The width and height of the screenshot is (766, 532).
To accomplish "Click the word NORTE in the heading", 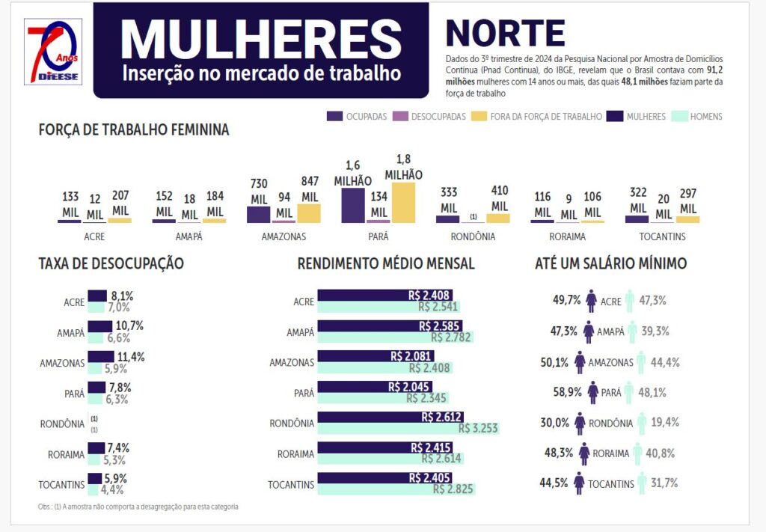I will coord(505,33).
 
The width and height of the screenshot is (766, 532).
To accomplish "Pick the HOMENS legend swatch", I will coord(679,117).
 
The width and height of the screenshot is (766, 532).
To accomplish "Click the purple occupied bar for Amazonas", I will coord(258,214).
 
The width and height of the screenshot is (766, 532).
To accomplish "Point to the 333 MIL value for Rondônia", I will coord(448,200).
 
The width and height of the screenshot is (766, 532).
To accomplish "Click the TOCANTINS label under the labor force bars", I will coord(662,237).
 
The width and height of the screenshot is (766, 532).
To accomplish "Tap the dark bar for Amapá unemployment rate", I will coord(99,327).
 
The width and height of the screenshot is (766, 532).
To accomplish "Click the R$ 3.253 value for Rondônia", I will coord(479,429).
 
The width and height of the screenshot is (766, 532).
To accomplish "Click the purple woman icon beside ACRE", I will coord(591,301).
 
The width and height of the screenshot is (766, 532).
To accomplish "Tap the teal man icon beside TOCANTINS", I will coord(642,483).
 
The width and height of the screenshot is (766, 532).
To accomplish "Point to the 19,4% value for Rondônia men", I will coord(665,422).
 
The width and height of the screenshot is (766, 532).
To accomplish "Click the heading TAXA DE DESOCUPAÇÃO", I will coord(111,263).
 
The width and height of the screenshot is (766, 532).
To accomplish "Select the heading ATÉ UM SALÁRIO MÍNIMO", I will coord(610,263).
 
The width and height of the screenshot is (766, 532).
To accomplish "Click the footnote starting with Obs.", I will coord(138,507).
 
